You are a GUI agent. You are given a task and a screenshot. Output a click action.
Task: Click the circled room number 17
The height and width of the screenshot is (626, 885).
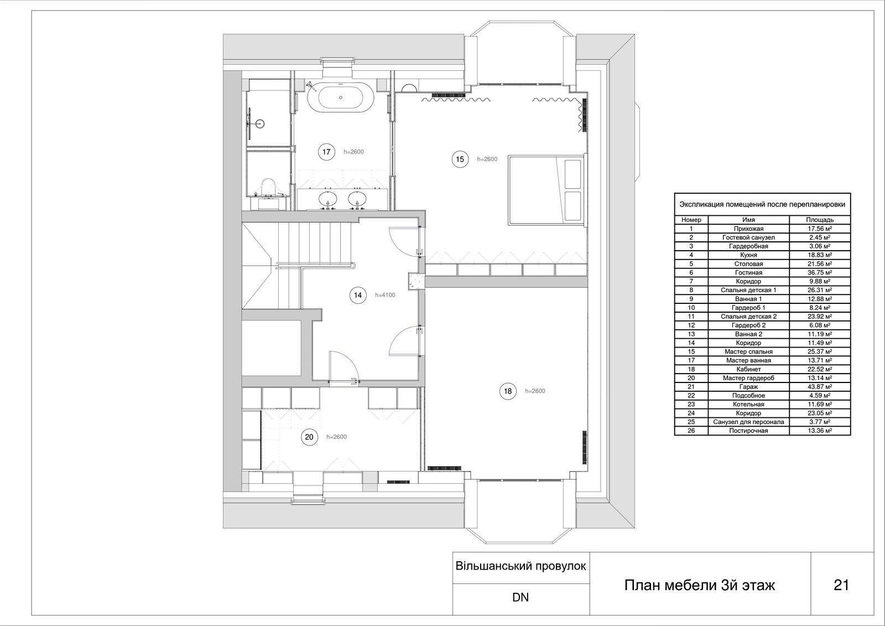[x=326, y=152]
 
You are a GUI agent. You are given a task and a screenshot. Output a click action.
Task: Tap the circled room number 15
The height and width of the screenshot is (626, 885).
[x=460, y=159]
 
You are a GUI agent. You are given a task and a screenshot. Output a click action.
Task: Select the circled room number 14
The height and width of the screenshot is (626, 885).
[x=358, y=295]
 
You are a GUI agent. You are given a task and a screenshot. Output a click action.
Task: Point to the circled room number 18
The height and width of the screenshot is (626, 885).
[x=508, y=391]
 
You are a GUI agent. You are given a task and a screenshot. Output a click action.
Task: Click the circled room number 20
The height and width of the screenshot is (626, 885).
[x=309, y=437]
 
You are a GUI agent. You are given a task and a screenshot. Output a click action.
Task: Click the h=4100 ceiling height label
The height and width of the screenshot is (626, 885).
[x=385, y=295]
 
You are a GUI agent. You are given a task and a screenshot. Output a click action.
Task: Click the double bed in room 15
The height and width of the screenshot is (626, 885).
[x=546, y=190]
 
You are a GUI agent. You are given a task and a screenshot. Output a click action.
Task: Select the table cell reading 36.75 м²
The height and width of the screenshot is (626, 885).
[x=820, y=272]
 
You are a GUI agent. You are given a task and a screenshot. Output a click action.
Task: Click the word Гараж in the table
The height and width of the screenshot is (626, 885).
[x=748, y=387]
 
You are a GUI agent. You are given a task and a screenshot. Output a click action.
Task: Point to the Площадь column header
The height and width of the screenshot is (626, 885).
[x=820, y=220]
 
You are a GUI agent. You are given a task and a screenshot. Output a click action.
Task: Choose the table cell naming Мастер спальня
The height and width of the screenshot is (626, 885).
[x=748, y=351]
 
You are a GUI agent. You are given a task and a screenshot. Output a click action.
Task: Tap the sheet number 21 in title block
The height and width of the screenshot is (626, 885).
[x=841, y=585]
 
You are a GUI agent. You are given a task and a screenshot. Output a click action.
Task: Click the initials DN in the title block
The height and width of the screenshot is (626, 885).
[x=520, y=597]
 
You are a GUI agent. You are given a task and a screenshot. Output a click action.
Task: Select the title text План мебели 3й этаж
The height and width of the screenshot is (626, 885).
[x=699, y=585]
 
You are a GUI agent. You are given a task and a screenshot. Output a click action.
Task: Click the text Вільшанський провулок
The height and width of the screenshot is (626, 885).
[x=520, y=566]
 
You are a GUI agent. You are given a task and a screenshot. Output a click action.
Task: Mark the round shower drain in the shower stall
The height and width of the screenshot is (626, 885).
[x=259, y=123]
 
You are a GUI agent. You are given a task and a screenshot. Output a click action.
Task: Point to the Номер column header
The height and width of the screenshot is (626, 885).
[x=691, y=220]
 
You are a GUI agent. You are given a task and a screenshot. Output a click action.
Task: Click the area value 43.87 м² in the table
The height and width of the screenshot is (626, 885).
[x=820, y=387]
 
